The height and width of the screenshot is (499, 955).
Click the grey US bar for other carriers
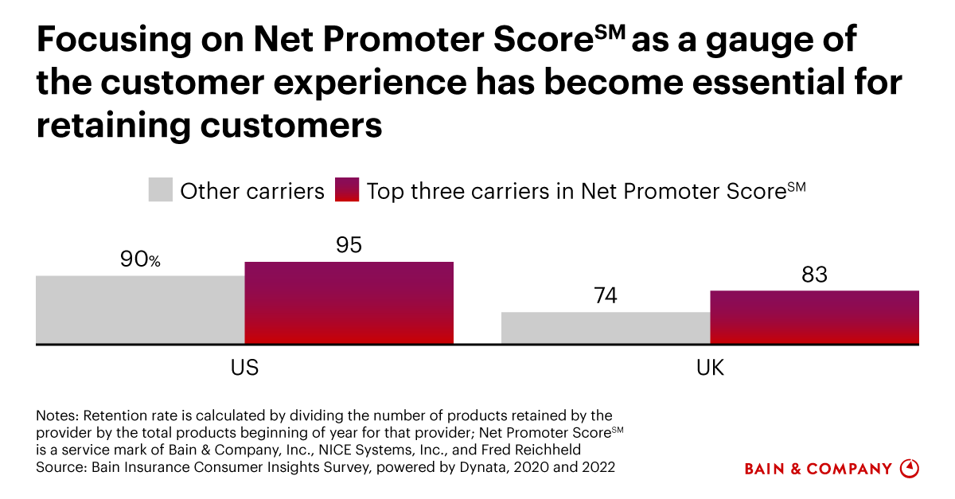(x=140, y=310)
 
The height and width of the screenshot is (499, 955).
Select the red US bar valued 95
(x=349, y=303)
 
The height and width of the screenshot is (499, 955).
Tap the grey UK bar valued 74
(x=605, y=328)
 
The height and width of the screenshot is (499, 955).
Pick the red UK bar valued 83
(x=814, y=318)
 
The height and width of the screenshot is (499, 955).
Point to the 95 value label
(x=349, y=244)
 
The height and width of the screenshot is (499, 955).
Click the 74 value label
(x=605, y=296)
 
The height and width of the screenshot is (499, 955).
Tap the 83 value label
(x=814, y=275)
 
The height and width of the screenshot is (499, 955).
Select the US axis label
(x=244, y=368)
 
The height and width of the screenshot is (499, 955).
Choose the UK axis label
(x=710, y=368)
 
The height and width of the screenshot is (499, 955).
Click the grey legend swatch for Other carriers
(x=160, y=191)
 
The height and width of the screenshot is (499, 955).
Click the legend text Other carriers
(x=252, y=192)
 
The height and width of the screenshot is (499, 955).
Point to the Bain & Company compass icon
(x=909, y=468)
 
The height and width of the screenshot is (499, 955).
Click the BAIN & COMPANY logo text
(x=818, y=469)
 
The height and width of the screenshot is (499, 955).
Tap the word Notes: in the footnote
(x=57, y=415)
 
